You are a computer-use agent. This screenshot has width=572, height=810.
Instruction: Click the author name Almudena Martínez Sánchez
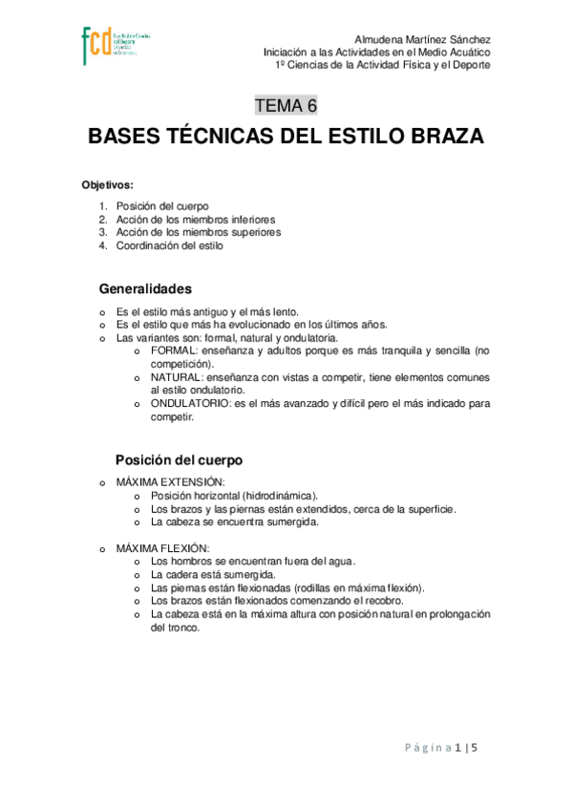tap(421, 37)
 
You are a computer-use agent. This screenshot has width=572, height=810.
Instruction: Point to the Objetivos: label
tap(107, 184)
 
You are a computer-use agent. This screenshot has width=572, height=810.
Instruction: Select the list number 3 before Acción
tap(102, 232)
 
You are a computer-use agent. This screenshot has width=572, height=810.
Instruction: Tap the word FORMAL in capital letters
tap(171, 351)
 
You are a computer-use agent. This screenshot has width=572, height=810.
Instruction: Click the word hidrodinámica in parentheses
tap(278, 496)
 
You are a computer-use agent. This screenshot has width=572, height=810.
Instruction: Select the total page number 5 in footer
tap(473, 748)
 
